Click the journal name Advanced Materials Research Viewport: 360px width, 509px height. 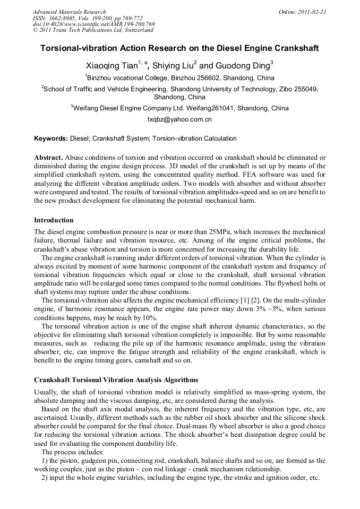[x=69, y=12]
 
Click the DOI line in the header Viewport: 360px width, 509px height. [x=93, y=24]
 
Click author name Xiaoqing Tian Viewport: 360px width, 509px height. [x=112, y=66]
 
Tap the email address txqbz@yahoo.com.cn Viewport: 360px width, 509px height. [x=179, y=120]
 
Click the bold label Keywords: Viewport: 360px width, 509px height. [x=51, y=139]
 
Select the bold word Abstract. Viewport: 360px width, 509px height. [x=48, y=158]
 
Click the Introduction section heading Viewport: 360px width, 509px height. [x=54, y=220]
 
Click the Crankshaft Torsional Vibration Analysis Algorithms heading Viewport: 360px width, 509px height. [x=116, y=380]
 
